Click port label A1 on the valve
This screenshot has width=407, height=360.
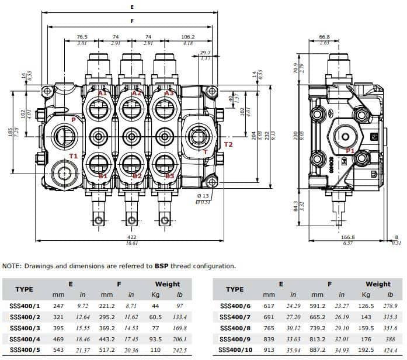(102, 93)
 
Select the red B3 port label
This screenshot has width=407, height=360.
(170, 176)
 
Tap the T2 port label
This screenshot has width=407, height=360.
(228, 144)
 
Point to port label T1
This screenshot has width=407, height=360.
(74, 156)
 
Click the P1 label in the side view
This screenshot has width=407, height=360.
(350, 151)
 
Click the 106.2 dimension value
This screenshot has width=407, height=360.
(187, 36)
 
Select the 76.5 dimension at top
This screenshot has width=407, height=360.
(82, 36)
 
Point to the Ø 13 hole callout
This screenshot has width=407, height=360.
(203, 195)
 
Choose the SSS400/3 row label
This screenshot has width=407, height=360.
(26, 328)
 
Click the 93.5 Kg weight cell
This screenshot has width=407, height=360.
(156, 339)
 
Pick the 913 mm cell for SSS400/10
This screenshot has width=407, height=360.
(269, 350)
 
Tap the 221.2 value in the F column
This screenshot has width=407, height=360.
(107, 306)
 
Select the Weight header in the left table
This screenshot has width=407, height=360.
(167, 284)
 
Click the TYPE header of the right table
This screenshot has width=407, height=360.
(234, 289)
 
